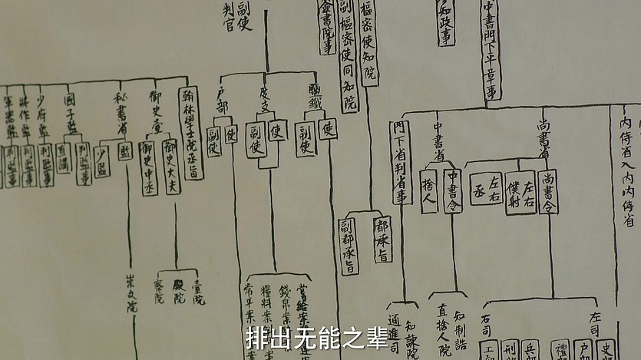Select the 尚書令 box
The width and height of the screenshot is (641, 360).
pos(548,191)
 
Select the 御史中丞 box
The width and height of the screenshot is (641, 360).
pos(150,167)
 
